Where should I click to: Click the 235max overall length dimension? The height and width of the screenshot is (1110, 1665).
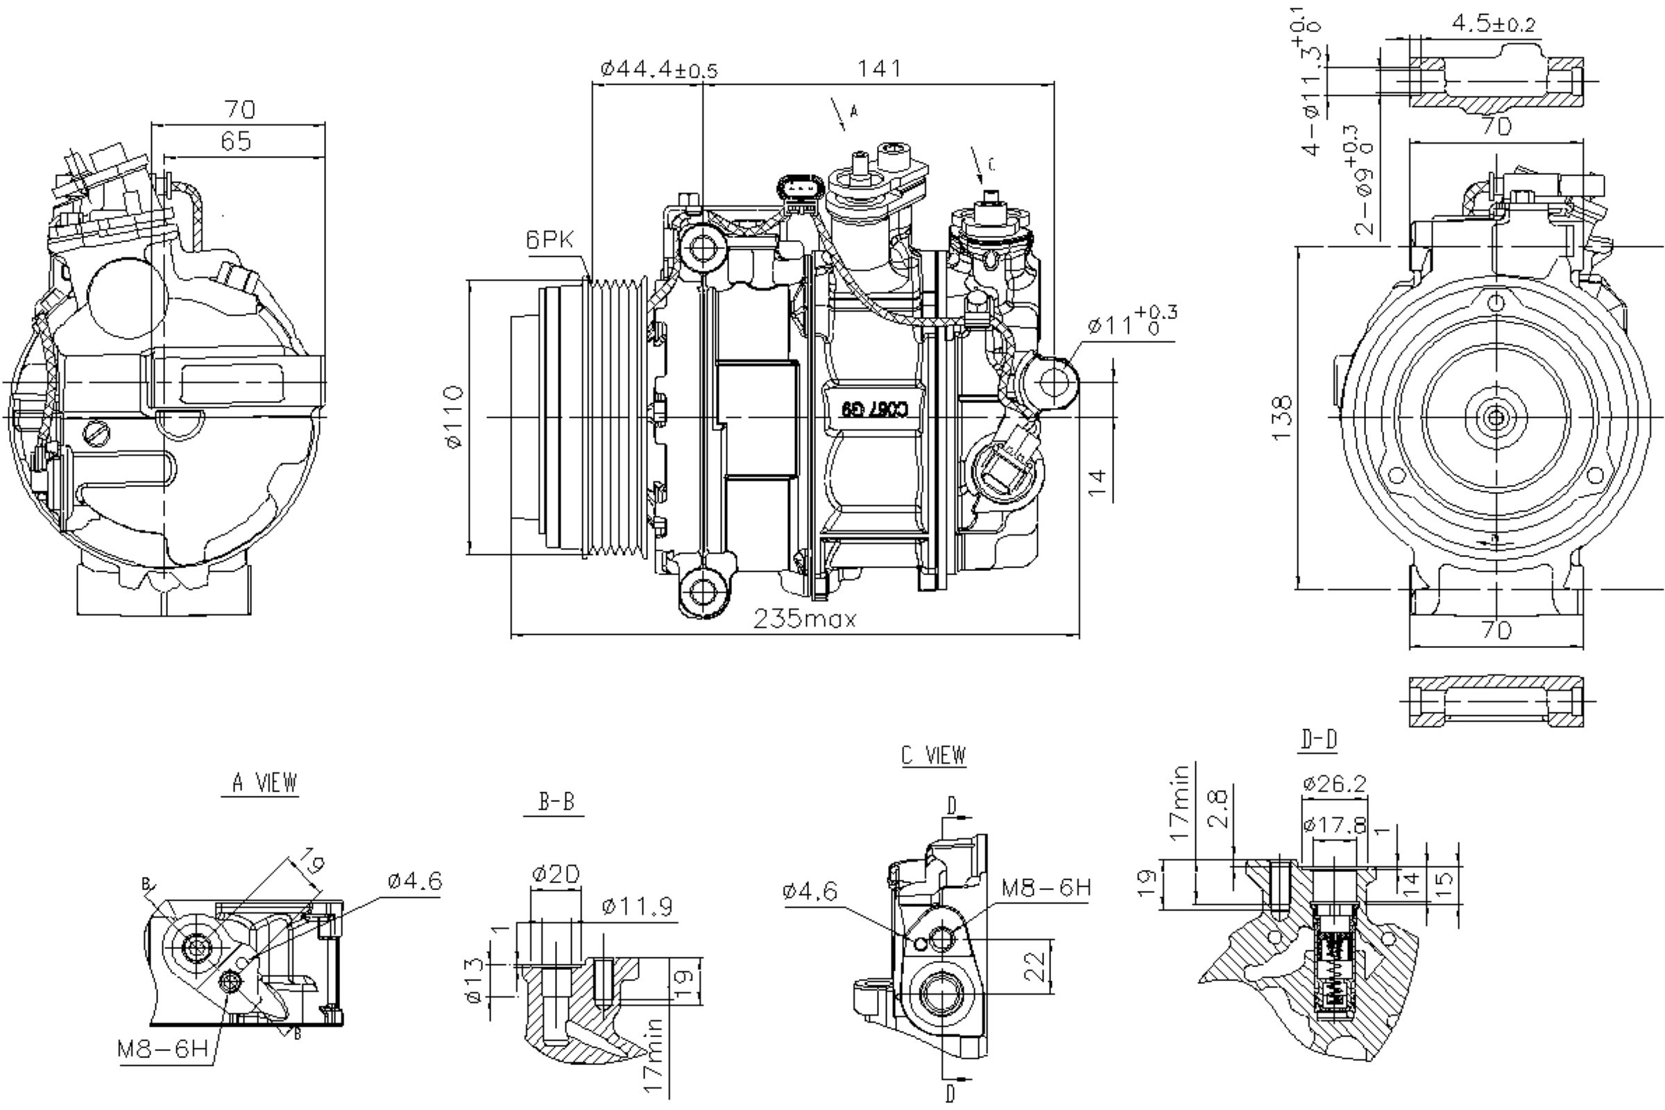click(x=805, y=620)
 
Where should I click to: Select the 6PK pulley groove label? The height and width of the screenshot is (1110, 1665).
click(x=549, y=240)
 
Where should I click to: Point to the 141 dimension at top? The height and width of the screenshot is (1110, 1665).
click(x=879, y=69)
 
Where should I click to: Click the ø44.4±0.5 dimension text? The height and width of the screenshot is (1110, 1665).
click(x=658, y=69)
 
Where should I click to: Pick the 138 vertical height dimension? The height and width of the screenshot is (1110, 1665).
click(x=1282, y=418)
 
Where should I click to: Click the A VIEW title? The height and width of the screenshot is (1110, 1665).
click(x=265, y=783)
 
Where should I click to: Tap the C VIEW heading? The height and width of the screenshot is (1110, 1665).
click(x=934, y=755)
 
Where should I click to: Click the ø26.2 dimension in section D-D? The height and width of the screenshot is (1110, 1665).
click(x=1334, y=784)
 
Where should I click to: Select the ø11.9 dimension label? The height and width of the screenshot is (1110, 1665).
click(x=637, y=907)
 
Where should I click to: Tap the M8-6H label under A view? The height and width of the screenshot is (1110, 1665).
click(x=164, y=1048)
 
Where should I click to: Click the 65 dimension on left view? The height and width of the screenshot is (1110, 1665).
click(x=237, y=142)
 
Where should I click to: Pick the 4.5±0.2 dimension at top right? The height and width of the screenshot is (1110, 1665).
click(x=1493, y=25)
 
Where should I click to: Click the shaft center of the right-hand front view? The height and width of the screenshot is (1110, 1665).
click(x=1495, y=418)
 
